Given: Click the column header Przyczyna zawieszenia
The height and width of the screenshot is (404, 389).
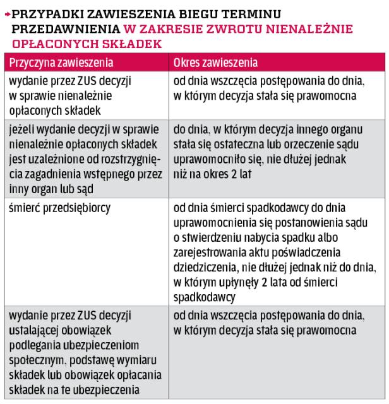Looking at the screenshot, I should (x=59, y=63).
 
